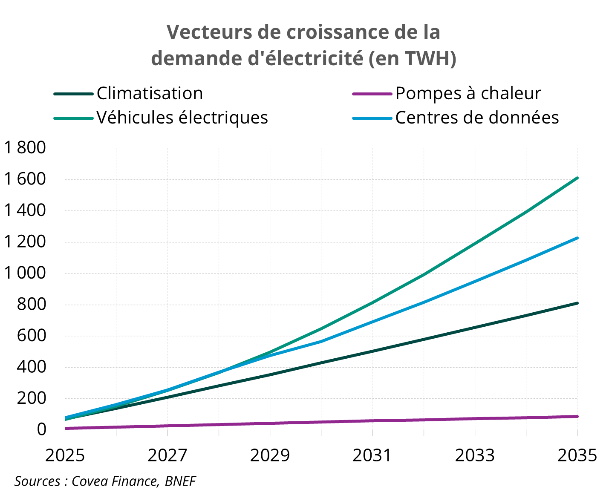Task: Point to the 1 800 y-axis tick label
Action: pyautogui.click(x=25, y=148)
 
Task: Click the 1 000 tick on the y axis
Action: pyautogui.click(x=25, y=273)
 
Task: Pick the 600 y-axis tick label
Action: pyautogui.click(x=31, y=336)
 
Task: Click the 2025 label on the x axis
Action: pyautogui.click(x=65, y=455)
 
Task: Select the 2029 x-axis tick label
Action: pyautogui.click(x=270, y=455)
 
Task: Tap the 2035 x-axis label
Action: pyautogui.click(x=577, y=455)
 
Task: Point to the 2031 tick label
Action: pyautogui.click(x=372, y=455)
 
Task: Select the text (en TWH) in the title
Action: pyautogui.click(x=412, y=58)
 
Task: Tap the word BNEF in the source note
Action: pyautogui.click(x=180, y=481)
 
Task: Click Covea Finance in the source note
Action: pyautogui.click(x=114, y=481)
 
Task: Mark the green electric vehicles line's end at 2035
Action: pyautogui.click(x=577, y=178)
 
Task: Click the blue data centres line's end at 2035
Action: pyautogui.click(x=577, y=238)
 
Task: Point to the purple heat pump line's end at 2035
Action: pyautogui.click(x=577, y=416)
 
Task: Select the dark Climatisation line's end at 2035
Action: pyautogui.click(x=577, y=303)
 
